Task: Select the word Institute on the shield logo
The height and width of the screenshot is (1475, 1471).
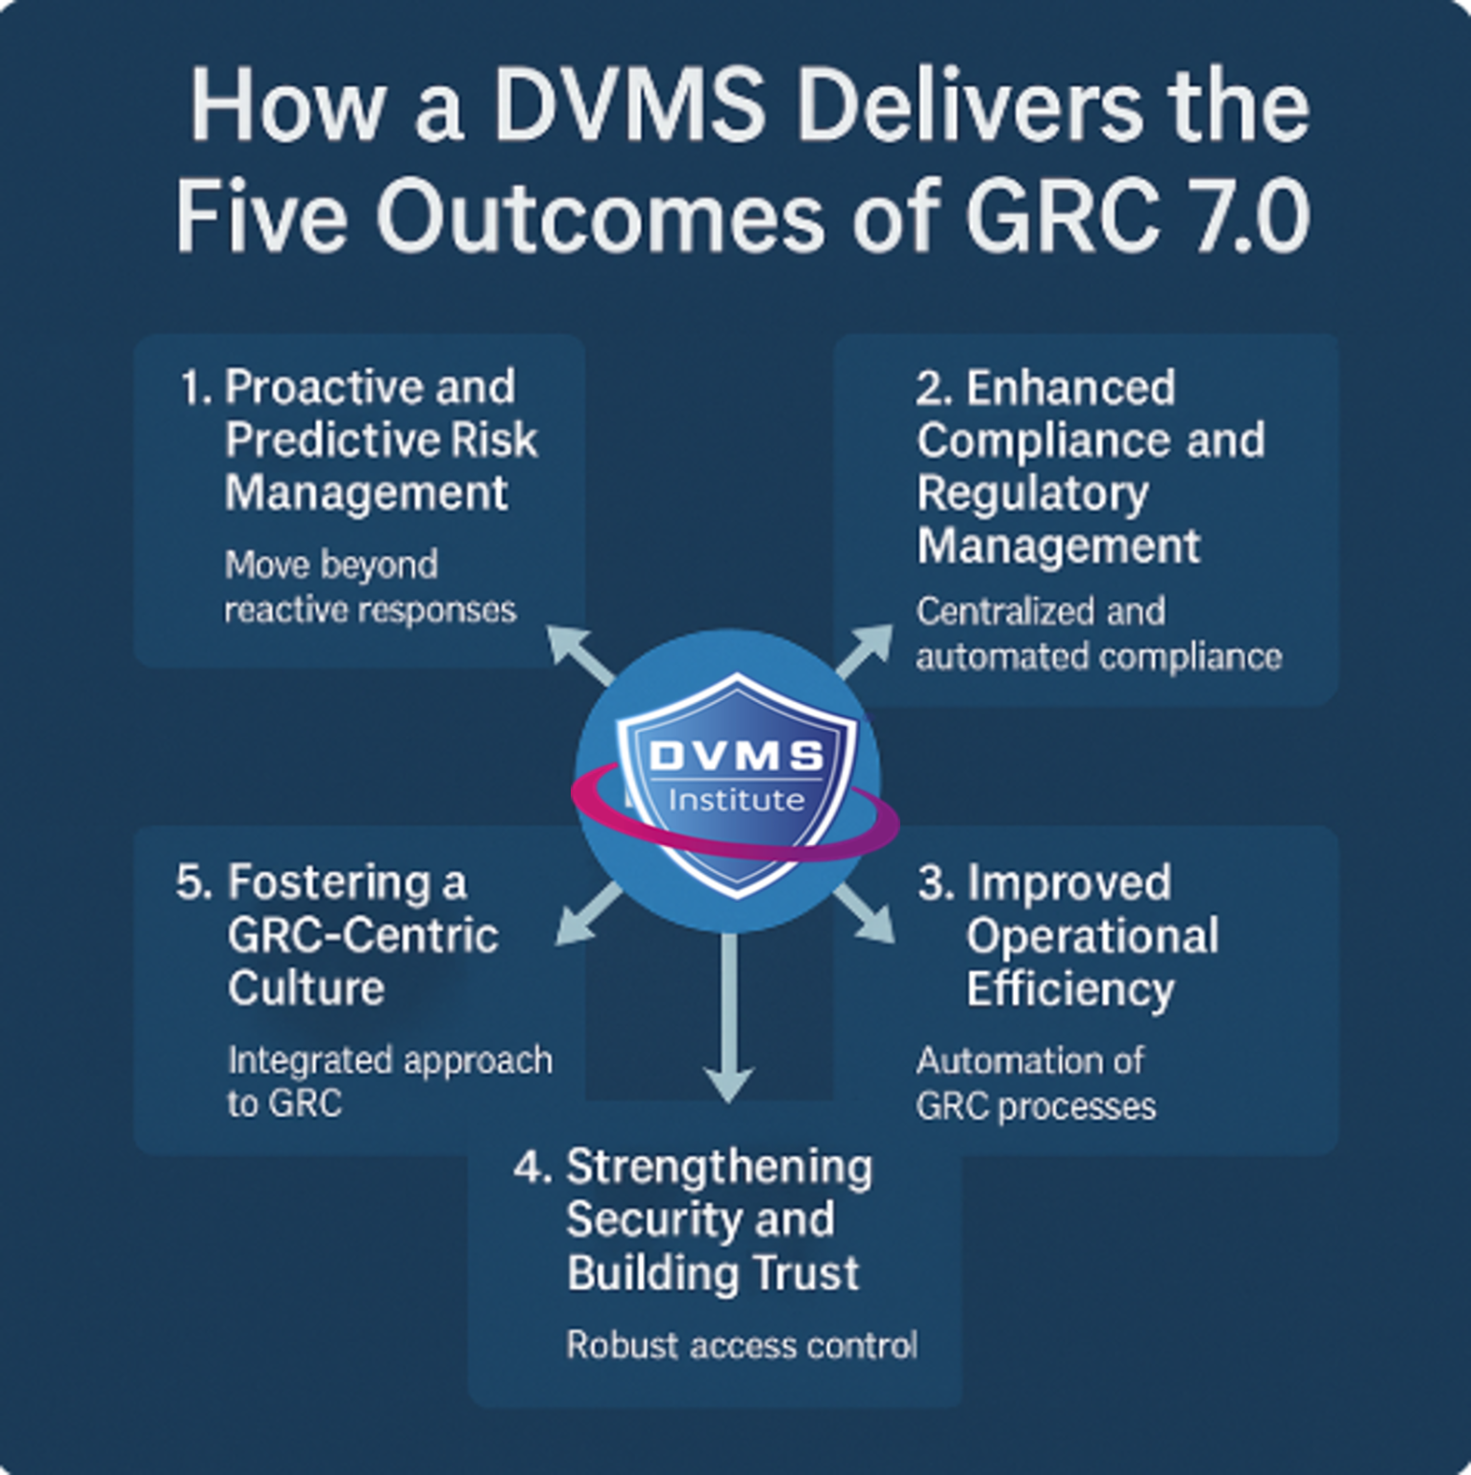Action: pyautogui.click(x=736, y=800)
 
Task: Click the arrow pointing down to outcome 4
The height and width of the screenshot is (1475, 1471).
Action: pyautogui.click(x=729, y=1018)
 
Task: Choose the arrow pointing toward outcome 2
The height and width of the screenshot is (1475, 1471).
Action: pyautogui.click(x=865, y=650)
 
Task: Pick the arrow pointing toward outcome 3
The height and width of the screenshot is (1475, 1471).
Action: pyautogui.click(x=865, y=912)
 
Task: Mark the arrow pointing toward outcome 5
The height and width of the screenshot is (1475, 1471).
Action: pyautogui.click(x=590, y=914)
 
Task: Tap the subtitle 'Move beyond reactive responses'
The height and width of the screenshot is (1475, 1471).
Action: pyautogui.click(x=370, y=587)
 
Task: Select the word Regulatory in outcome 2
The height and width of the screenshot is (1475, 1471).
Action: pyautogui.click(x=1032, y=494)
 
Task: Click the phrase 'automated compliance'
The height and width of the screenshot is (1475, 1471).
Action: pyautogui.click(x=1098, y=658)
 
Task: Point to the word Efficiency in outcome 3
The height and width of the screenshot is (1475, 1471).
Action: pyautogui.click(x=1069, y=989)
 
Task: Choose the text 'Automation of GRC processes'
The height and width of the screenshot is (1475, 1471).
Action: pyautogui.click(x=1036, y=1083)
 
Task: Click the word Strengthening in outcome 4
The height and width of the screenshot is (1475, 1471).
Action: pyautogui.click(x=719, y=1168)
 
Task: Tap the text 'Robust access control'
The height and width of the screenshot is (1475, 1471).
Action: pyautogui.click(x=742, y=1345)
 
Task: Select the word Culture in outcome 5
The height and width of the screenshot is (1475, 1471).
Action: pyautogui.click(x=306, y=988)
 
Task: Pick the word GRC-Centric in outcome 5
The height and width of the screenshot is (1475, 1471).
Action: pyautogui.click(x=363, y=935)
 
